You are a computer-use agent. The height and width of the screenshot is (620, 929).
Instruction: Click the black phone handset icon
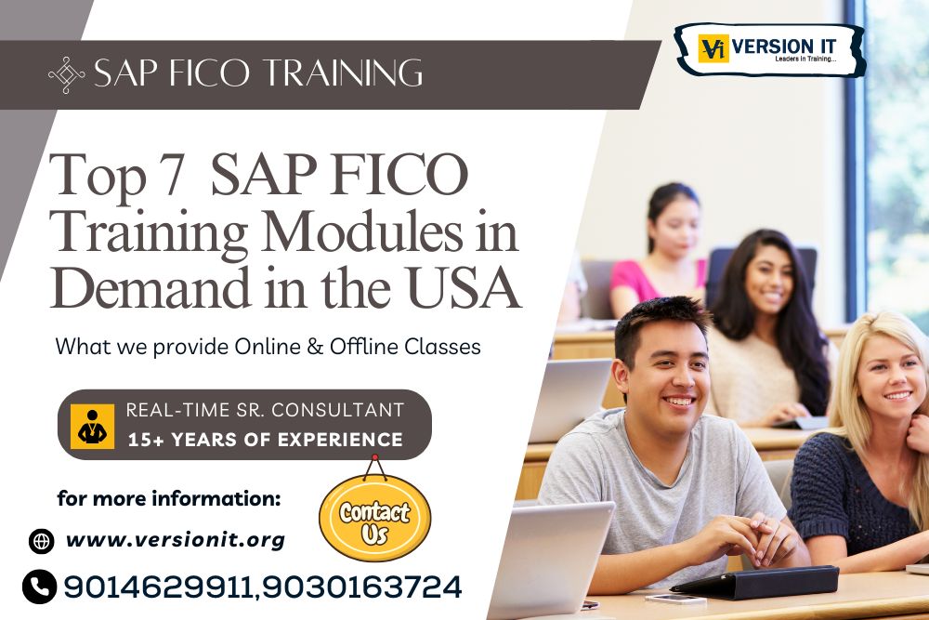pos(39,587)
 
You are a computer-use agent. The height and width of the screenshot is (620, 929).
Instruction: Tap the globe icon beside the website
pos(41,540)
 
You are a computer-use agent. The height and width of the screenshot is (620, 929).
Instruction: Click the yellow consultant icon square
pos(93,426)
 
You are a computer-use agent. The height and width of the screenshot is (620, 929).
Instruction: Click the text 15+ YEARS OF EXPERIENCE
pos(265,440)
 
